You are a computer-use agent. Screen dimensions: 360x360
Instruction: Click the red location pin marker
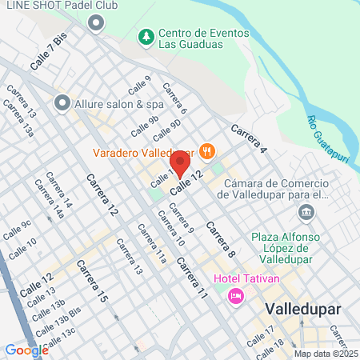pyautogui.click(x=180, y=166)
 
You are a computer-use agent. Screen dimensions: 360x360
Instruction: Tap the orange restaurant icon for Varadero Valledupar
pyautogui.click(x=207, y=150)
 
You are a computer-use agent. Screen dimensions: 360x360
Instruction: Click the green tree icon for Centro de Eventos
pyautogui.click(x=146, y=37)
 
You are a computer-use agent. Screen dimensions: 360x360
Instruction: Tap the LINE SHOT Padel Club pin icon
pyautogui.click(x=96, y=22)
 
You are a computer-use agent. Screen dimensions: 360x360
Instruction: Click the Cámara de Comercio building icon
pyautogui.click(x=306, y=212)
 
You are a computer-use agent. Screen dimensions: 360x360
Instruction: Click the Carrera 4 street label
pyautogui.click(x=248, y=137)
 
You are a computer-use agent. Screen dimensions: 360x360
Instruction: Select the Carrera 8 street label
pyautogui.click(x=220, y=238)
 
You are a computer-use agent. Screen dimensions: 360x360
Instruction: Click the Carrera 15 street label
pyautogui.click(x=91, y=281)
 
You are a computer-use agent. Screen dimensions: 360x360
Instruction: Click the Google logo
pyautogui.click(x=26, y=350)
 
